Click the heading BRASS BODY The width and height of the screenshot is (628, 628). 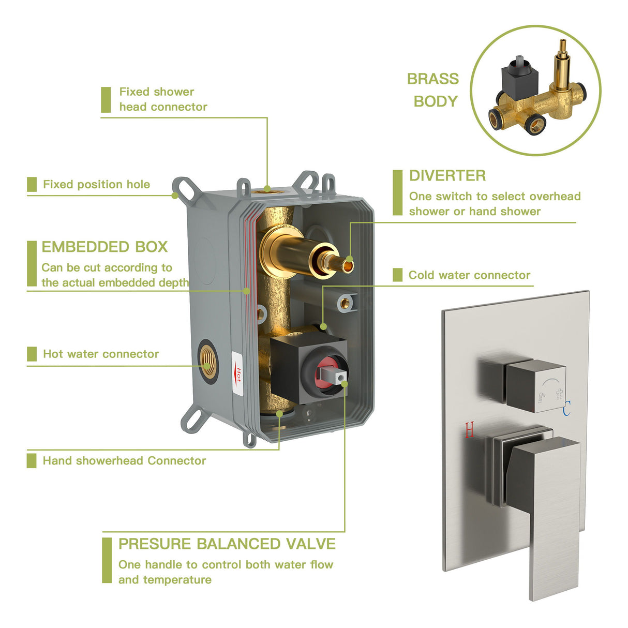pos(433,90)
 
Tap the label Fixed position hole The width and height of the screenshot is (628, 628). pos(96,185)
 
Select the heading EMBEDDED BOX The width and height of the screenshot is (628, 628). pos(104,247)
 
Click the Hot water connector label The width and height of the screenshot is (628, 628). pos(101,354)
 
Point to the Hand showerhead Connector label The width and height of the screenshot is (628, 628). pos(124,461)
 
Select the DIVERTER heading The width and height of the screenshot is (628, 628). pos(447,176)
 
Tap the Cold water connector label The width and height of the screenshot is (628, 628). pos(469,275)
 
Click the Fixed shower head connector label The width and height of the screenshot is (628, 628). pos(162,99)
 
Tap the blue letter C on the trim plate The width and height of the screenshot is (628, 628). pos(567,409)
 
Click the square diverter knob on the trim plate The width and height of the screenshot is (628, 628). pos(535,386)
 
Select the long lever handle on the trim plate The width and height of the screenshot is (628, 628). pos(548,517)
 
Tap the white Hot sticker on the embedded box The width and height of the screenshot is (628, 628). pos(237,375)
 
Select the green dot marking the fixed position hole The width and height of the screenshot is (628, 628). pos(175,196)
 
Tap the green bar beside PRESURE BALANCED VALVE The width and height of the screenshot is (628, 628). pos(107,560)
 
